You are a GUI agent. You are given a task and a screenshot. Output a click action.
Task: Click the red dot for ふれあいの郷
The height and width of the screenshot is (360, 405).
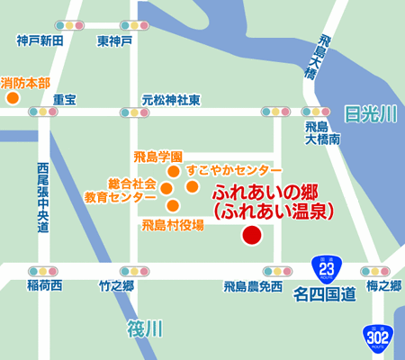[252, 236]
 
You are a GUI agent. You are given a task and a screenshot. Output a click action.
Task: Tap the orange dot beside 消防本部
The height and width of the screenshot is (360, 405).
[13, 97]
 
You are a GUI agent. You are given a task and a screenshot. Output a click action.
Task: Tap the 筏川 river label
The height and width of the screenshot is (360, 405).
[144, 329]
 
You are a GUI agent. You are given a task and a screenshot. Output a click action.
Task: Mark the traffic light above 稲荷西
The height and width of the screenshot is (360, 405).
[43, 270]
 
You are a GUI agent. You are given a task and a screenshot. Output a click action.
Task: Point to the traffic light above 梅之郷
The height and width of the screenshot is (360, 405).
[374, 270]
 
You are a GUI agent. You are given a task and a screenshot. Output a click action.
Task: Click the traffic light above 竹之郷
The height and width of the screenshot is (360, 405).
[117, 270]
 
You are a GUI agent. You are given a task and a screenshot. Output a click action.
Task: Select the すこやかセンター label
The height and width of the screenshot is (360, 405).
[234, 170]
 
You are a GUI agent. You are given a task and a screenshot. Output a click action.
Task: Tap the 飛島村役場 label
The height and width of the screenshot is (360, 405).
[172, 224]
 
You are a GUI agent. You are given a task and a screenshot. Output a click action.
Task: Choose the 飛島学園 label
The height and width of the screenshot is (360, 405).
[158, 156]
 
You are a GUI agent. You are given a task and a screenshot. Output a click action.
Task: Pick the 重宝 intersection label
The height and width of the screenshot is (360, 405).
[65, 99]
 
